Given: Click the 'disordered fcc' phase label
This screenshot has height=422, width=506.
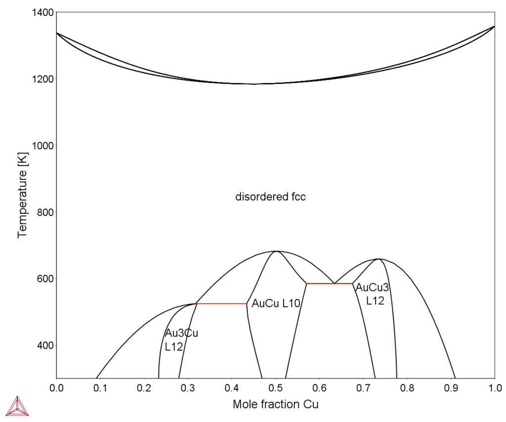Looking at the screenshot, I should tap(270, 197).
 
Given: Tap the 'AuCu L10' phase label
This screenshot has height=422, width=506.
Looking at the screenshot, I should tap(276, 304).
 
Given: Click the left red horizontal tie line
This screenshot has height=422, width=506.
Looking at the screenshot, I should tap(221, 303).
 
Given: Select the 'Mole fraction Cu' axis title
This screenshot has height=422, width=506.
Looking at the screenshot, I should tap(275, 405).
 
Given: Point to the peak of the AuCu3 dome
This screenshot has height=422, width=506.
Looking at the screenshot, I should tap(378, 258).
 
